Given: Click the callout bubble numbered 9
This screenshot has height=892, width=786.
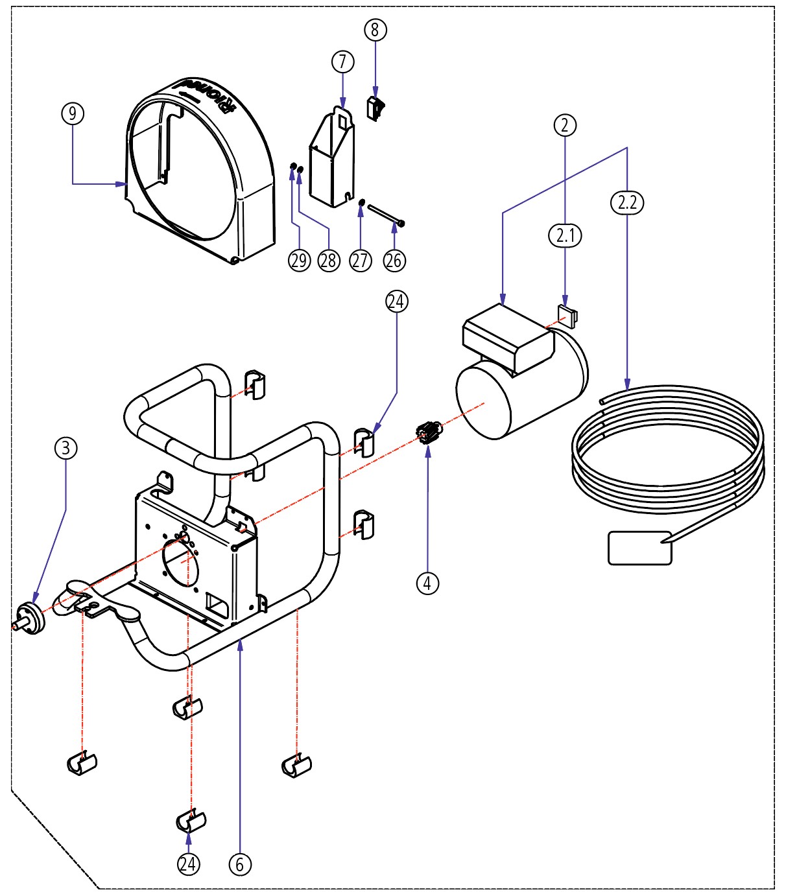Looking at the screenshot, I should tap(73, 113).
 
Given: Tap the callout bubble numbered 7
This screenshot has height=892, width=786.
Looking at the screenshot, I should tap(343, 62).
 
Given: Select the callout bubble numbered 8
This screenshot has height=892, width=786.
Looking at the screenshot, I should tap(375, 30).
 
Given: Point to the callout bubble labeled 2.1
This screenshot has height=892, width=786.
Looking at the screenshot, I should tap(565, 235).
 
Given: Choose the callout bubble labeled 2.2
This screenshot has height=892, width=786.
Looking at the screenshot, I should tap(627, 203).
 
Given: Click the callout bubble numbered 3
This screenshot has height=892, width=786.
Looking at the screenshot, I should tap(65, 448).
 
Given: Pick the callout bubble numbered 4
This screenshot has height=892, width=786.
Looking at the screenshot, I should tap(427, 583).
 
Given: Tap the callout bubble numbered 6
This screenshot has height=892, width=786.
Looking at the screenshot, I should tap(240, 864).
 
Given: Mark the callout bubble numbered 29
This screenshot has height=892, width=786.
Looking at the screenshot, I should tap(299, 261).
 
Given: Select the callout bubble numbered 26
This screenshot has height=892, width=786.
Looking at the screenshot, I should tap(394, 261).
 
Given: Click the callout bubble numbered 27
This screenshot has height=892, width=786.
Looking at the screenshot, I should tap(361, 261).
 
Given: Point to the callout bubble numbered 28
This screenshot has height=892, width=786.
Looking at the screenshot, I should tap(329, 261).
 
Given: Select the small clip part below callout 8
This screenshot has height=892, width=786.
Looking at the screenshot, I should tap(375, 108).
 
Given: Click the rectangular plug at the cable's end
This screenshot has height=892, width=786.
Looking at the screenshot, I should tap(639, 548).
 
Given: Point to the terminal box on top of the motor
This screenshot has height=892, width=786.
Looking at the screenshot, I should tap(508, 337).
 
